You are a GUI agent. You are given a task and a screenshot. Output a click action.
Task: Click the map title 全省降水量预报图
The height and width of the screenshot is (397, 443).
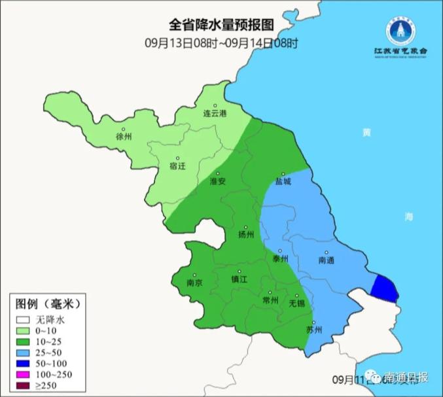pos(221,25)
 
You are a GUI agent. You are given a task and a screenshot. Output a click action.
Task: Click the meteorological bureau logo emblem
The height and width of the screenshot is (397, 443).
pos(400,30)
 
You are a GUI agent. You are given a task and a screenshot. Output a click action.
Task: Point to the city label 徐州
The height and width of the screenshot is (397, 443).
pos(124,137)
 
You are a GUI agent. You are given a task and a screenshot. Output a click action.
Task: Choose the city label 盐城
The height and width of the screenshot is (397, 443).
pos(283,182)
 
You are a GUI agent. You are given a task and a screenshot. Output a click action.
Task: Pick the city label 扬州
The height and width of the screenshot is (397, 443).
pos(247,234)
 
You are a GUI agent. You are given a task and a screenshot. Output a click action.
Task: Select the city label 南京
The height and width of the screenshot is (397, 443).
pos(194,283)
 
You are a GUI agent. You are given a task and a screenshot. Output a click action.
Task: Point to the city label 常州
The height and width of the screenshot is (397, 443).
pos(270,300)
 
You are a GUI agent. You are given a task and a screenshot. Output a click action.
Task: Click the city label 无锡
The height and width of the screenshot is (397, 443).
pos(297,303)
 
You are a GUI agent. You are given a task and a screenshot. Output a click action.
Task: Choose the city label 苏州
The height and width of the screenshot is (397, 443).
pos(315,330)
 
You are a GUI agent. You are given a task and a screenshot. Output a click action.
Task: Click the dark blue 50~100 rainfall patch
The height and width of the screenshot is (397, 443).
pos(384,287)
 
